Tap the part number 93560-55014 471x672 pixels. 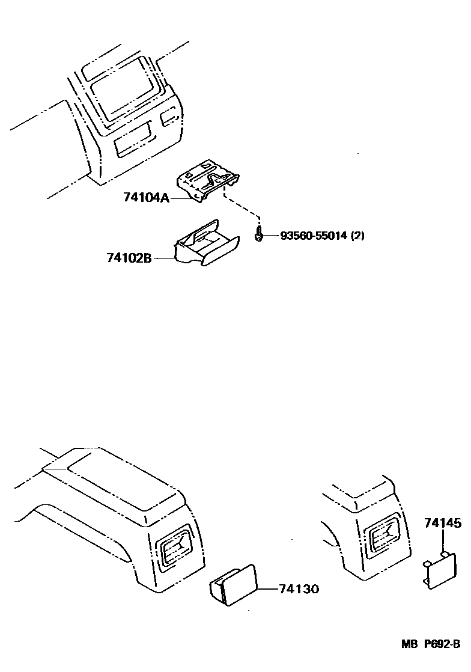point(314,236)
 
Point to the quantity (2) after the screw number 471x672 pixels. point(357,236)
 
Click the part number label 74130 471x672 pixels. point(299,589)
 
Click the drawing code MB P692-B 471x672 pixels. point(431,661)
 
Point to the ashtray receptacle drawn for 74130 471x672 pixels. point(234,584)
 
